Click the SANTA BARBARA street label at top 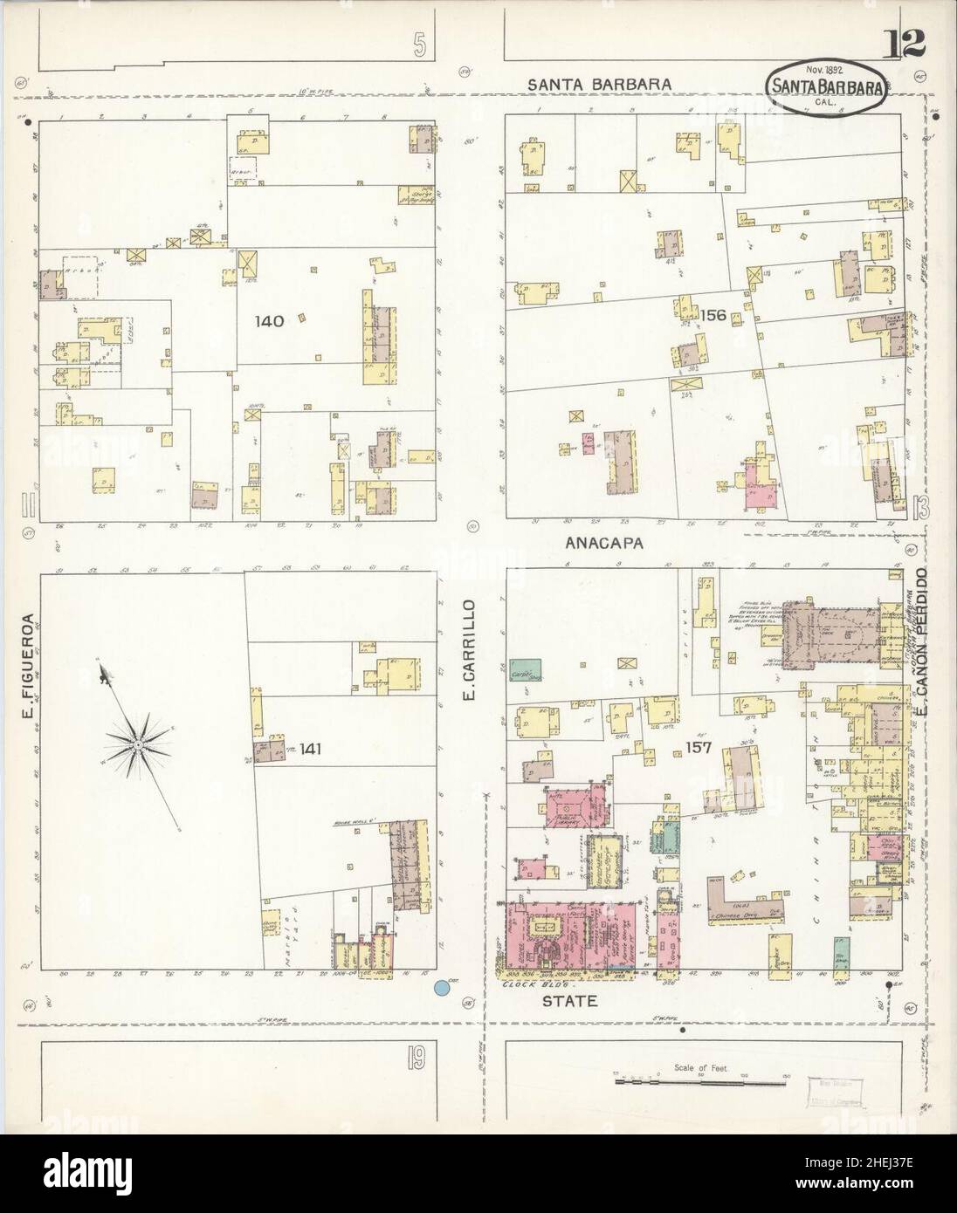(x=599, y=85)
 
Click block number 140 (x=269, y=321)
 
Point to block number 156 (x=712, y=315)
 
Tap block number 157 (x=699, y=748)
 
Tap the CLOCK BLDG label (x=532, y=983)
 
